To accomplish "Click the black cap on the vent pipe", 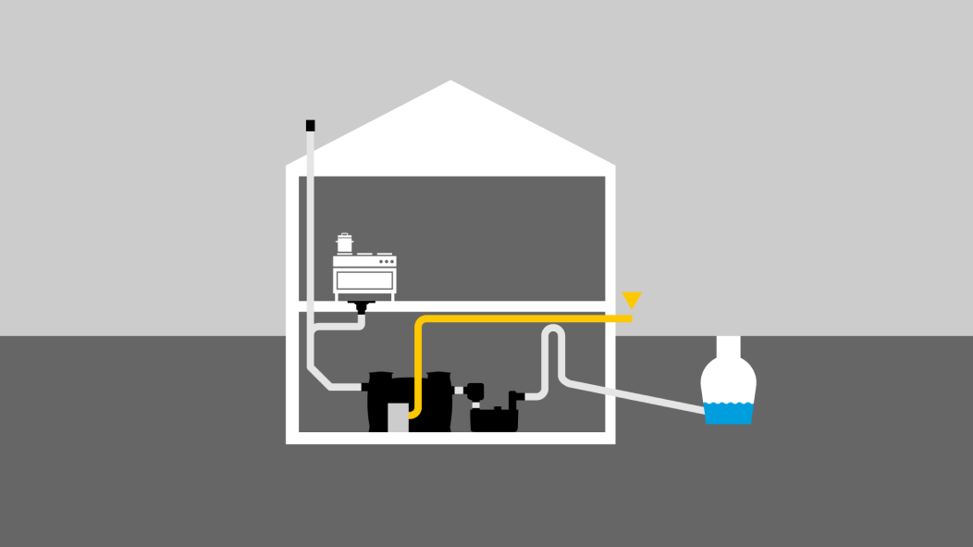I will (x=311, y=125).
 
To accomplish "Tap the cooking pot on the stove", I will (x=345, y=243).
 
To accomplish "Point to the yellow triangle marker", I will (x=632, y=300).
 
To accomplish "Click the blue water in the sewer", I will (x=729, y=412).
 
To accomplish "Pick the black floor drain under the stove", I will (x=359, y=306).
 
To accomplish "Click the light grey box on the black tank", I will (x=398, y=417).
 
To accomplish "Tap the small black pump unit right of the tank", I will (x=495, y=417).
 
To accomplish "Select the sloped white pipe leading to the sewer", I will (x=638, y=395).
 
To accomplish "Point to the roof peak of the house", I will (x=450, y=84).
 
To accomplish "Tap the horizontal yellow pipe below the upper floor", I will (x=527, y=318).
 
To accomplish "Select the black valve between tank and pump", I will (x=475, y=392).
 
